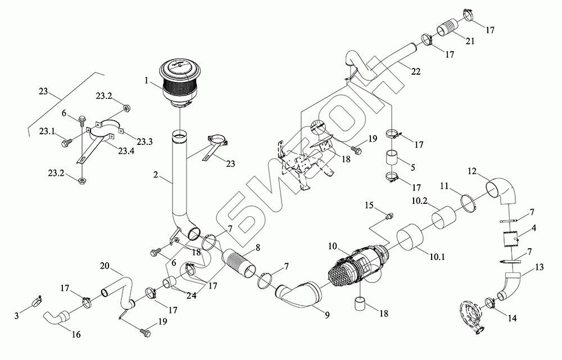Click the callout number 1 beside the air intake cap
(147, 81)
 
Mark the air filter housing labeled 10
(360, 266)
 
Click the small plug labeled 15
(388, 215)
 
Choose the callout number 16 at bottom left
(76, 335)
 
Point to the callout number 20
(105, 266)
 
